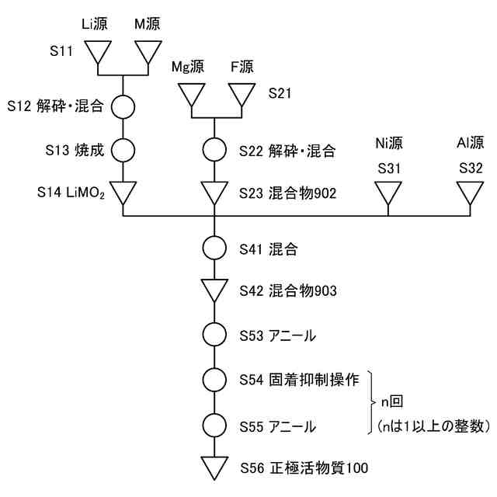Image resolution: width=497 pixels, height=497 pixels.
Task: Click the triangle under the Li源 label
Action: pos(99,52)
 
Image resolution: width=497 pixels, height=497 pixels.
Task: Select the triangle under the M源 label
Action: pos(148,52)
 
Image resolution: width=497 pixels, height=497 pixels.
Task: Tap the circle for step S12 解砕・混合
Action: pos(123,105)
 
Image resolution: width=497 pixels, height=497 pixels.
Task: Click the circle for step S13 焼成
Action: pos(123,148)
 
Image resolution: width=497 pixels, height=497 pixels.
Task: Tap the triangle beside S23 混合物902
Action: pos(214,192)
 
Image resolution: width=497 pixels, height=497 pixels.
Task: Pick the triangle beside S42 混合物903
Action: pos(214,290)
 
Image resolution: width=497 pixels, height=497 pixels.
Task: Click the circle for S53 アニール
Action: pos(214,335)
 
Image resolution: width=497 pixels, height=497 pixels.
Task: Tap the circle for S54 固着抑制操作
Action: pos(214,380)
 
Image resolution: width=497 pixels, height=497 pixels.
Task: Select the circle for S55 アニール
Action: pos(214,425)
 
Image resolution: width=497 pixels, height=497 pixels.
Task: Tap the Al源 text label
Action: pos(469,143)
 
